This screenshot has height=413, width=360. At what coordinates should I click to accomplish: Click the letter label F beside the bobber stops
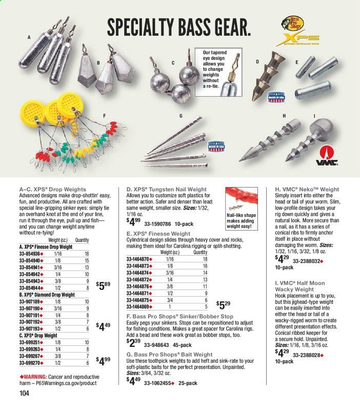click(x=104, y=116)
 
